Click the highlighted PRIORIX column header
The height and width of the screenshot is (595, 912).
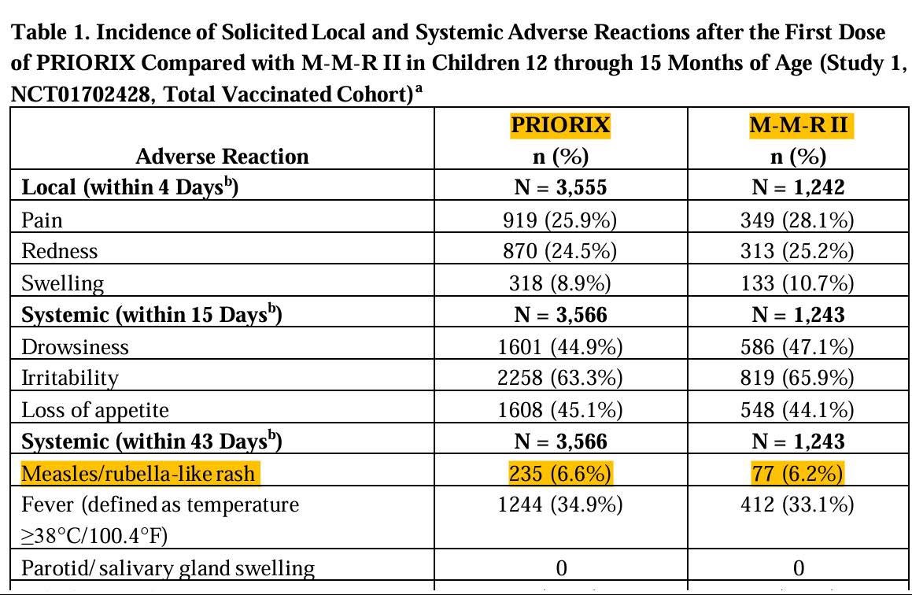(560, 126)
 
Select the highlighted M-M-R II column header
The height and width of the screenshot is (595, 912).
(798, 126)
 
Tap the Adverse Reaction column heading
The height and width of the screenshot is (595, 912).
(222, 157)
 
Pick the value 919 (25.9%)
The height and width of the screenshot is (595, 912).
(560, 220)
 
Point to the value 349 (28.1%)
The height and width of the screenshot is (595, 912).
(798, 220)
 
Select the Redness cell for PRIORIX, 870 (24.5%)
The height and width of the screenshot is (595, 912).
(560, 251)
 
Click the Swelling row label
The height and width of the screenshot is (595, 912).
(62, 283)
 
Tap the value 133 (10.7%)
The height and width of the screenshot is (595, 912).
(798, 283)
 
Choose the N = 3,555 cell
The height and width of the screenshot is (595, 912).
(560, 187)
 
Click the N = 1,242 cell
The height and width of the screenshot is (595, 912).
(798, 187)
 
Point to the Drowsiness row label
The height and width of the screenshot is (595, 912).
(75, 346)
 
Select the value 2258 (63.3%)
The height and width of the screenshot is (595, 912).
(560, 378)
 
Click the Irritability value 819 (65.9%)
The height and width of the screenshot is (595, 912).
(798, 378)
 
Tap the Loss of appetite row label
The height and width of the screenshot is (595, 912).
(95, 410)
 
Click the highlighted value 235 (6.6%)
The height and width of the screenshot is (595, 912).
(560, 474)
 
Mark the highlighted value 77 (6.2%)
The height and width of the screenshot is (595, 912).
(798, 474)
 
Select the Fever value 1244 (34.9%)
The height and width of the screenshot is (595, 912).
(560, 504)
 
